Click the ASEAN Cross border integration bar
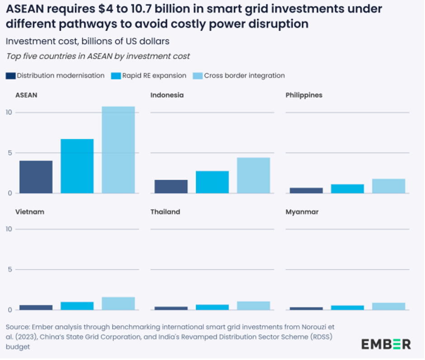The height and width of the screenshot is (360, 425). (118, 150)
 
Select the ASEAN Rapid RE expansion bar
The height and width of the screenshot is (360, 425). (77, 166)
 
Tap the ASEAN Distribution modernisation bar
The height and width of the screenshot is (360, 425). (36, 177)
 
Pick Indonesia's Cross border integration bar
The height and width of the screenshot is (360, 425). (253, 175)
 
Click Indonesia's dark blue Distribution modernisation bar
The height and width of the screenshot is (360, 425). (171, 186)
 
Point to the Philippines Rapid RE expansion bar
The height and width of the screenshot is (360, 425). (347, 189)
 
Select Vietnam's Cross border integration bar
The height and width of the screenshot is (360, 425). (118, 303)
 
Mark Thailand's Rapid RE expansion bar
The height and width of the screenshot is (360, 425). (212, 307)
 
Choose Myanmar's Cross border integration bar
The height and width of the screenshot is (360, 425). (388, 306)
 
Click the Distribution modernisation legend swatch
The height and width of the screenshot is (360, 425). (10, 76)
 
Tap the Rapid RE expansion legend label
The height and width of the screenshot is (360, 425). (154, 76)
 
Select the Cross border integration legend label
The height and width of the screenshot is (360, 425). (244, 76)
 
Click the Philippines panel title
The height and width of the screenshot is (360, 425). (304, 95)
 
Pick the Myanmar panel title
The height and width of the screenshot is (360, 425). (302, 212)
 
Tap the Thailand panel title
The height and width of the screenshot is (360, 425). (165, 212)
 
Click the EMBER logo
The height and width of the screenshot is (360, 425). (386, 344)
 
